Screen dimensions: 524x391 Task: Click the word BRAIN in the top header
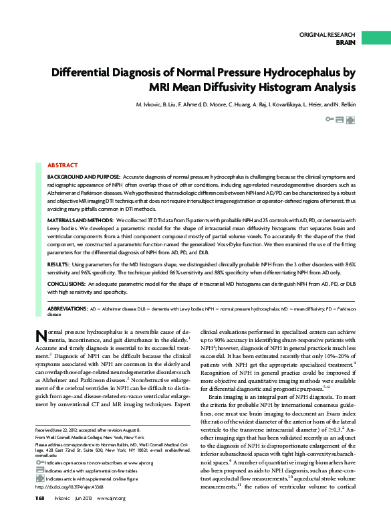tap(345, 41)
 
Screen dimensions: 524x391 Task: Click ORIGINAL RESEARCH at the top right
tap(327, 33)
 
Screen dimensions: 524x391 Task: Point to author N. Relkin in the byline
tap(342, 105)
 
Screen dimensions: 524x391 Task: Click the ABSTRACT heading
tap(61, 165)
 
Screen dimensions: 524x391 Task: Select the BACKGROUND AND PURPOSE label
tap(85, 176)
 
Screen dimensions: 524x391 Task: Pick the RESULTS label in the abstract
tap(58, 266)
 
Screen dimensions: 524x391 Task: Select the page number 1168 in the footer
tap(40, 499)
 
